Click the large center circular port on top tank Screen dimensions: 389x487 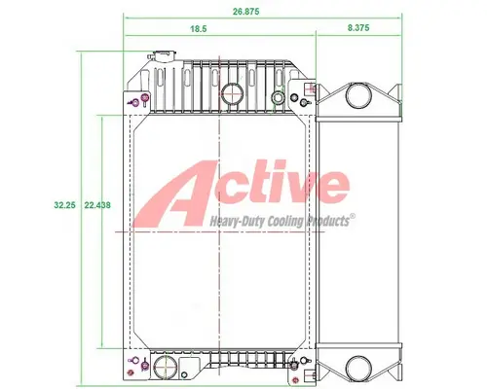tap(232, 94)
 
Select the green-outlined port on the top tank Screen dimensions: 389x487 tap(280, 98)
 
